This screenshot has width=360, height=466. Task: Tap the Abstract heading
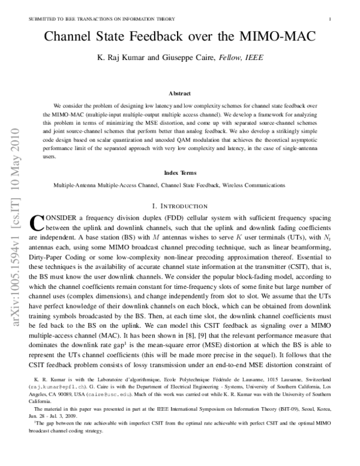(180, 94)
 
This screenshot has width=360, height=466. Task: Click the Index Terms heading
(180, 172)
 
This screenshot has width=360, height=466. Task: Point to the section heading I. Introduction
(180, 206)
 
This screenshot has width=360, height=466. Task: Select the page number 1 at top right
(331, 19)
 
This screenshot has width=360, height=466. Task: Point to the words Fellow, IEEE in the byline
(236, 58)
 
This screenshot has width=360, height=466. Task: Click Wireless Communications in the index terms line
(250, 186)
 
